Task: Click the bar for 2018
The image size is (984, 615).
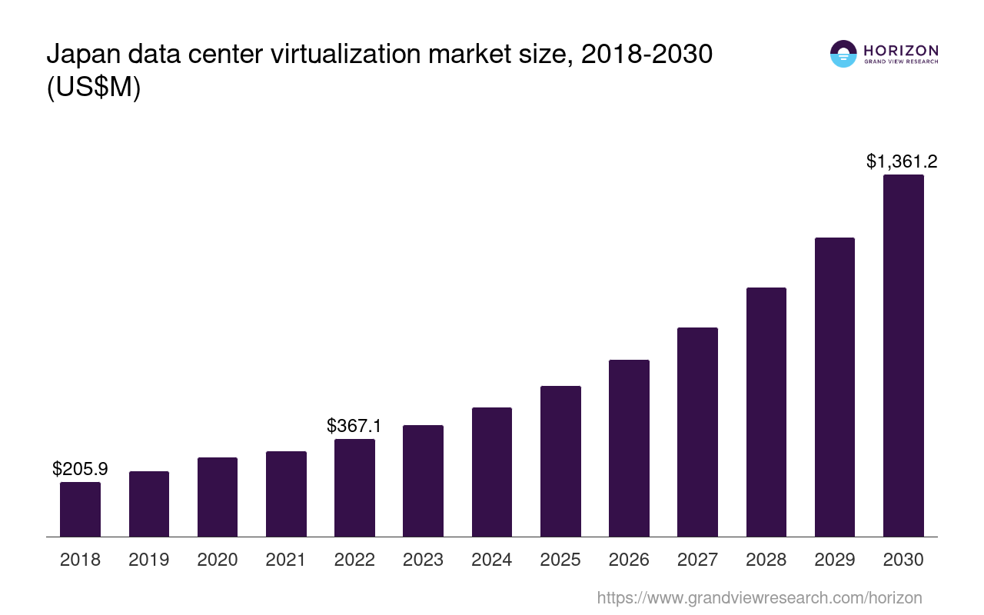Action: tap(80, 509)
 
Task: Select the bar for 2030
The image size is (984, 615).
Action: tap(903, 355)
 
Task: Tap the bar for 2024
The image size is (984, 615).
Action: tap(492, 472)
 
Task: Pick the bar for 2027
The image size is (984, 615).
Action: tap(697, 432)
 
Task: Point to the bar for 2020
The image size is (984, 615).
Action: tap(218, 497)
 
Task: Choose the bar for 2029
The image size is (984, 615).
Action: tap(835, 387)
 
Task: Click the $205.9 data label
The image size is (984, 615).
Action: tap(80, 468)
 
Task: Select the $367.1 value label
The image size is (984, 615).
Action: tap(354, 425)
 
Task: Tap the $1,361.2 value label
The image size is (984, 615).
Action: tap(902, 161)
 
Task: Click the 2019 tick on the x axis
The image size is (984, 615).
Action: tap(148, 560)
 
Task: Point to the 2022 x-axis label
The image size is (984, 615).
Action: tap(354, 560)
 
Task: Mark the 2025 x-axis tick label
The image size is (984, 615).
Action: tap(560, 560)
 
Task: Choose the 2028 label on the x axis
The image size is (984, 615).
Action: tap(766, 560)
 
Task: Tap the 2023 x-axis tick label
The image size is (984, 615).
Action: tap(423, 560)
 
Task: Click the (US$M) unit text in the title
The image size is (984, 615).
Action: tap(94, 88)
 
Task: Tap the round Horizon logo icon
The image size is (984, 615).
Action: tap(843, 54)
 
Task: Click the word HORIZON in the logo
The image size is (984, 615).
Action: tap(900, 50)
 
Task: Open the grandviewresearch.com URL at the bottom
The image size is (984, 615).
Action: tap(759, 597)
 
